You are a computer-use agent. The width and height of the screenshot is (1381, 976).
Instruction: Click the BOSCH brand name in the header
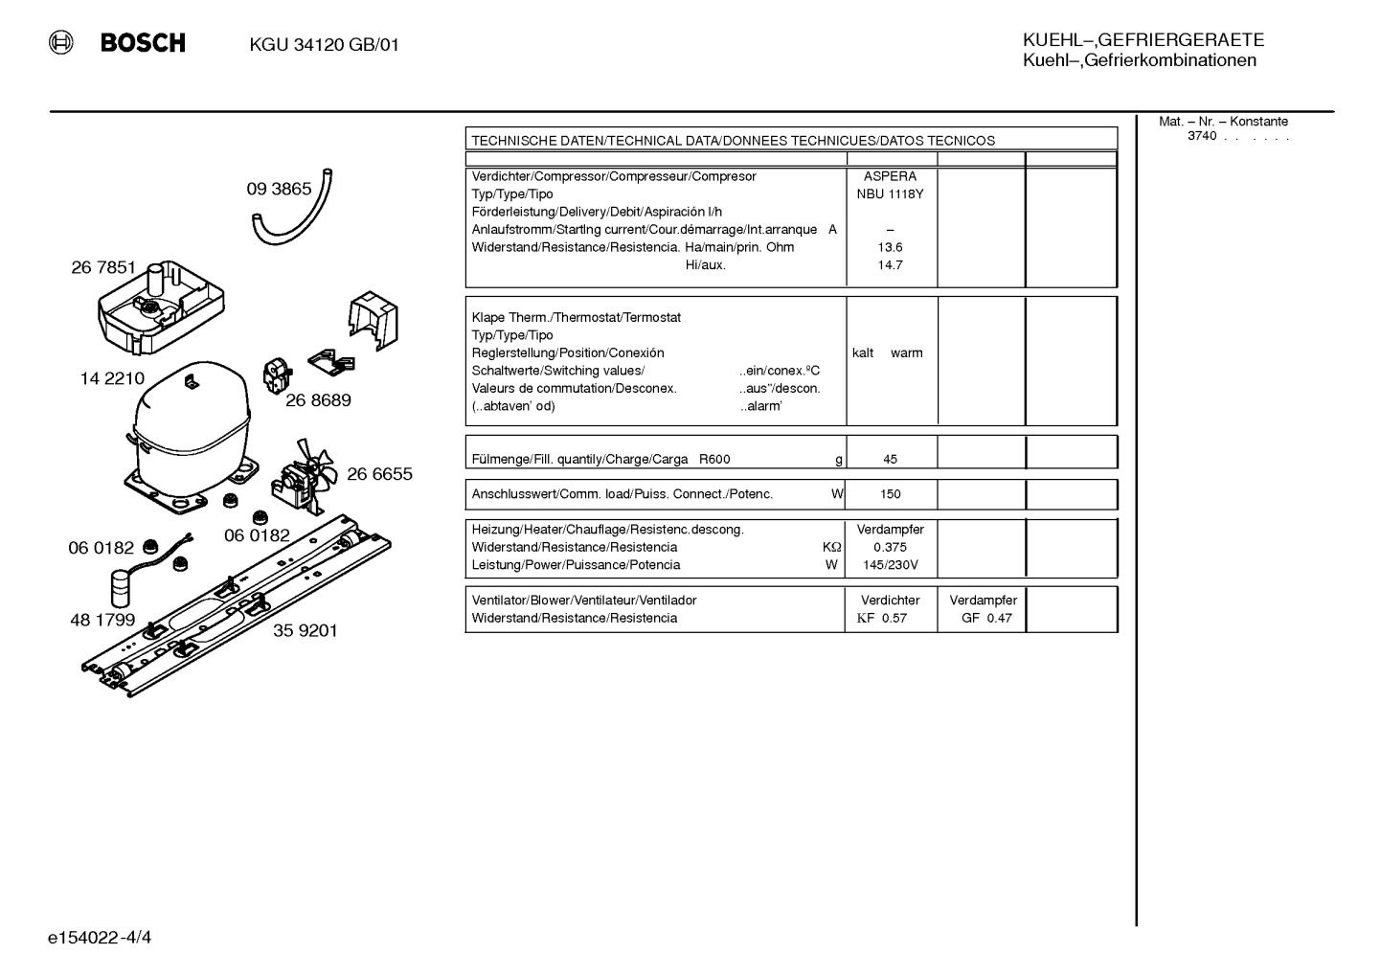pos(143,42)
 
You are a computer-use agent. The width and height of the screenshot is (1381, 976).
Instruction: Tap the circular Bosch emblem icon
pos(61,42)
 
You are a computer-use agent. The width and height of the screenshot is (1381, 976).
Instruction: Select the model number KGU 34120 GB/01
pos(325,45)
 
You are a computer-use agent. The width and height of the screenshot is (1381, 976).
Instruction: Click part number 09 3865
pos(279,189)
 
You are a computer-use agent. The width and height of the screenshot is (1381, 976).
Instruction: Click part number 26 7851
pos(103,267)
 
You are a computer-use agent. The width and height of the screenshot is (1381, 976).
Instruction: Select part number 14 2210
pos(112,378)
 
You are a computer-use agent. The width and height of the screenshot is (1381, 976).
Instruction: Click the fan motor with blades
pos(306,476)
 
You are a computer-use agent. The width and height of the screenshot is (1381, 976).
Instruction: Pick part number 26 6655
pos(379,473)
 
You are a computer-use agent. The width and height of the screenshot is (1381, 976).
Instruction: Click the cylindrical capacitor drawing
pos(123,589)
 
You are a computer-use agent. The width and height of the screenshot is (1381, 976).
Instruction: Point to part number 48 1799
pos(102,620)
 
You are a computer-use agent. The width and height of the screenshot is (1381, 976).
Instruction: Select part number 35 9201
pos(306,631)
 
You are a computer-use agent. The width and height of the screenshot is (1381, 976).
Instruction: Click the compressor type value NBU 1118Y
pos(890,194)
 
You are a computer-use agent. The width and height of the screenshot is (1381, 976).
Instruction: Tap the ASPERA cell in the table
pos(890,176)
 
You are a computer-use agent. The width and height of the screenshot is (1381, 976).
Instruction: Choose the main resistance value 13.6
pos(890,247)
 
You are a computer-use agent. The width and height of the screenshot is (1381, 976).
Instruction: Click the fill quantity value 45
pos(890,460)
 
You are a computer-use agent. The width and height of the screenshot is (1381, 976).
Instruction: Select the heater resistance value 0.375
pos(890,548)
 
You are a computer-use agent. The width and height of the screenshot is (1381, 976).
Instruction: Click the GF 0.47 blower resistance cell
pos(986,619)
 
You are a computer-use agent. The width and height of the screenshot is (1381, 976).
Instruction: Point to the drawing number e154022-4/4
pos(100,938)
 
